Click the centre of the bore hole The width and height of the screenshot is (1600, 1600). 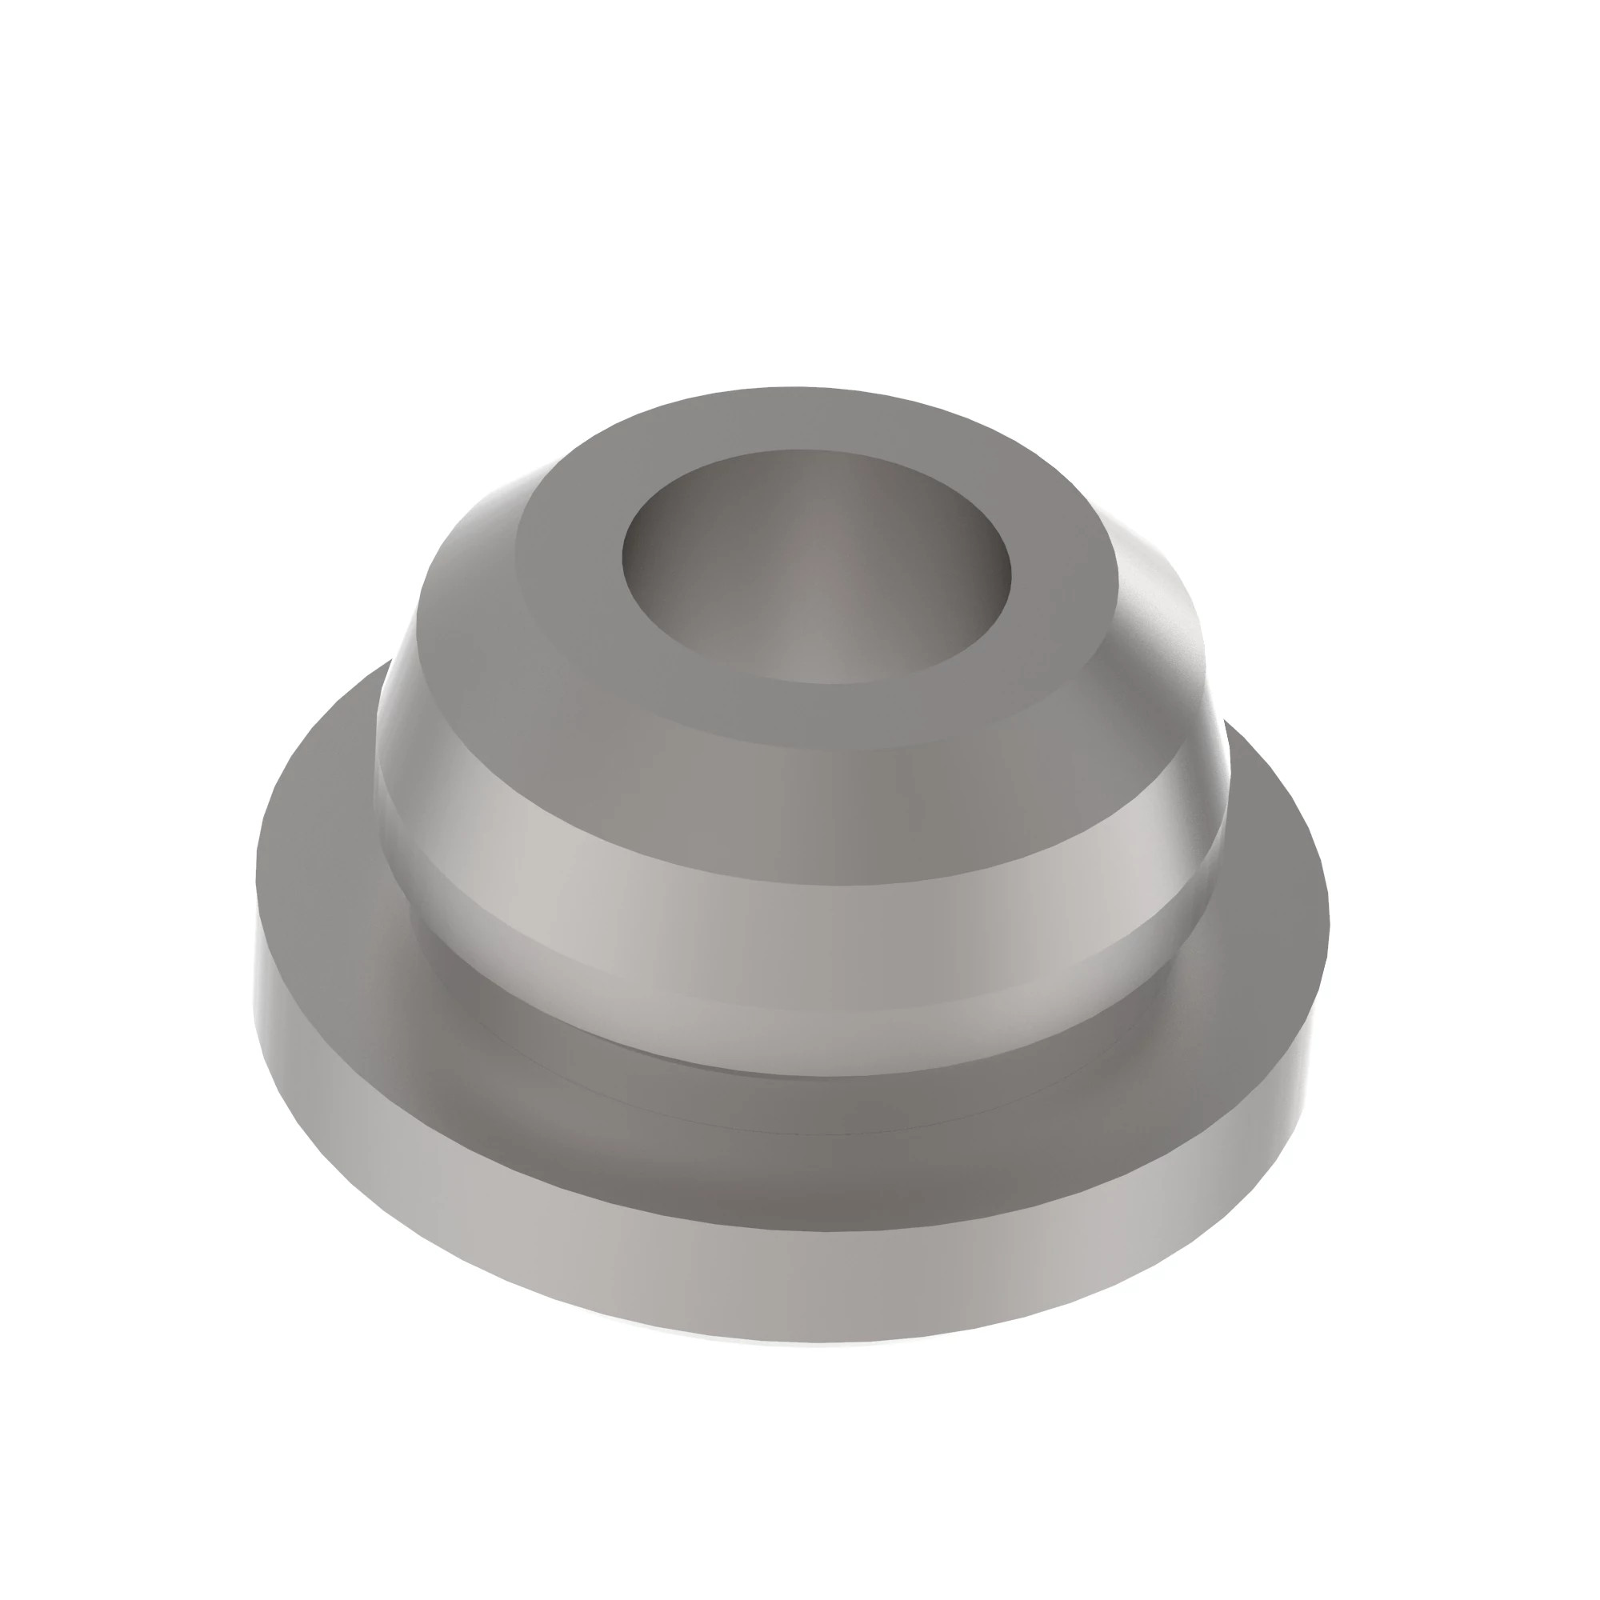(816, 567)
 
